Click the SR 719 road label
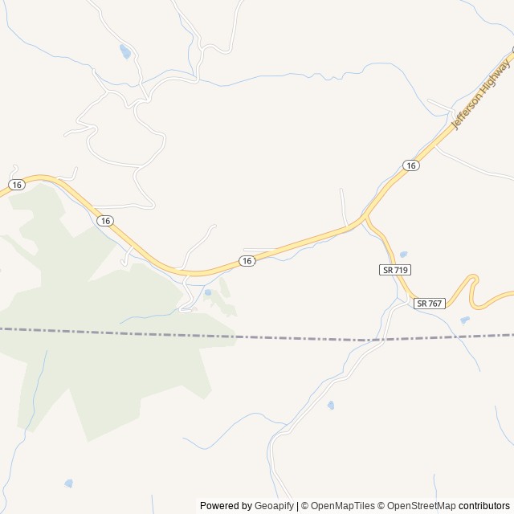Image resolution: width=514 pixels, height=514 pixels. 395,271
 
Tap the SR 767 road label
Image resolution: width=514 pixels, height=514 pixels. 430,303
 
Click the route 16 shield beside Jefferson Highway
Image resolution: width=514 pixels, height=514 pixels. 411,165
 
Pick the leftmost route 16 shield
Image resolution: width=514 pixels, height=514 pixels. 16,185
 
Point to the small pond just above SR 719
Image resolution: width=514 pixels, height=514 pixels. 402,255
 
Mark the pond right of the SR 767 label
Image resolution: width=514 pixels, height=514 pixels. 465,320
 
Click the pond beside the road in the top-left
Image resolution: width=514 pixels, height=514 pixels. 124,52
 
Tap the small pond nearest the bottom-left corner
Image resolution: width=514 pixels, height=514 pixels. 68,483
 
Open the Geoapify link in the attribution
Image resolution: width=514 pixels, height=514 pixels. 275,506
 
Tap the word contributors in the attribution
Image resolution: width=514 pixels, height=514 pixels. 484,506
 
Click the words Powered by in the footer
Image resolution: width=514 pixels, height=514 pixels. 225,506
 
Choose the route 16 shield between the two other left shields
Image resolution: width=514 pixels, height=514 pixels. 105,220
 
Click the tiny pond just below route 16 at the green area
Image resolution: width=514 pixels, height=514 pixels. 207,293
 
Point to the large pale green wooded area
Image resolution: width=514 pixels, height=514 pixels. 96,337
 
